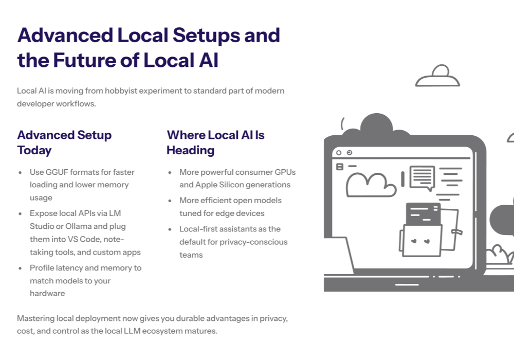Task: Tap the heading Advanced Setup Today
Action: point(64,142)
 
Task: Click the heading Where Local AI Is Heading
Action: point(215,142)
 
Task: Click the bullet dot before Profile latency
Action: point(20,268)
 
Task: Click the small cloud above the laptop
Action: point(437,77)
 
